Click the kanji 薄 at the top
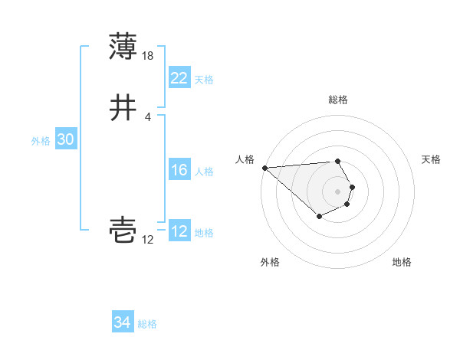tap(123, 47)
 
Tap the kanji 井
tap(123, 109)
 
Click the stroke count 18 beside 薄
tap(149, 55)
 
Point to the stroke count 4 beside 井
tap(147, 117)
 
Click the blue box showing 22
tap(179, 78)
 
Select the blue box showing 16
tap(179, 170)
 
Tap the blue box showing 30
tap(65, 139)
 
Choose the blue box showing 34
tap(122, 322)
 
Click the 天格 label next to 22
tap(204, 80)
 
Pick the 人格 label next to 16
tap(204, 172)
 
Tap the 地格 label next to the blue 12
tap(204, 233)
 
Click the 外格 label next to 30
tap(41, 141)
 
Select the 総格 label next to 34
tap(147, 324)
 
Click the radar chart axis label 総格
tap(337, 100)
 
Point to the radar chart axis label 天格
tap(431, 159)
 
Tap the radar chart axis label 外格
tap(270, 262)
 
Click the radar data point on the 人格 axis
tap(264, 168)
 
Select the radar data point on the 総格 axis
tap(337, 161)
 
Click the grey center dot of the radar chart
tap(337, 191)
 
